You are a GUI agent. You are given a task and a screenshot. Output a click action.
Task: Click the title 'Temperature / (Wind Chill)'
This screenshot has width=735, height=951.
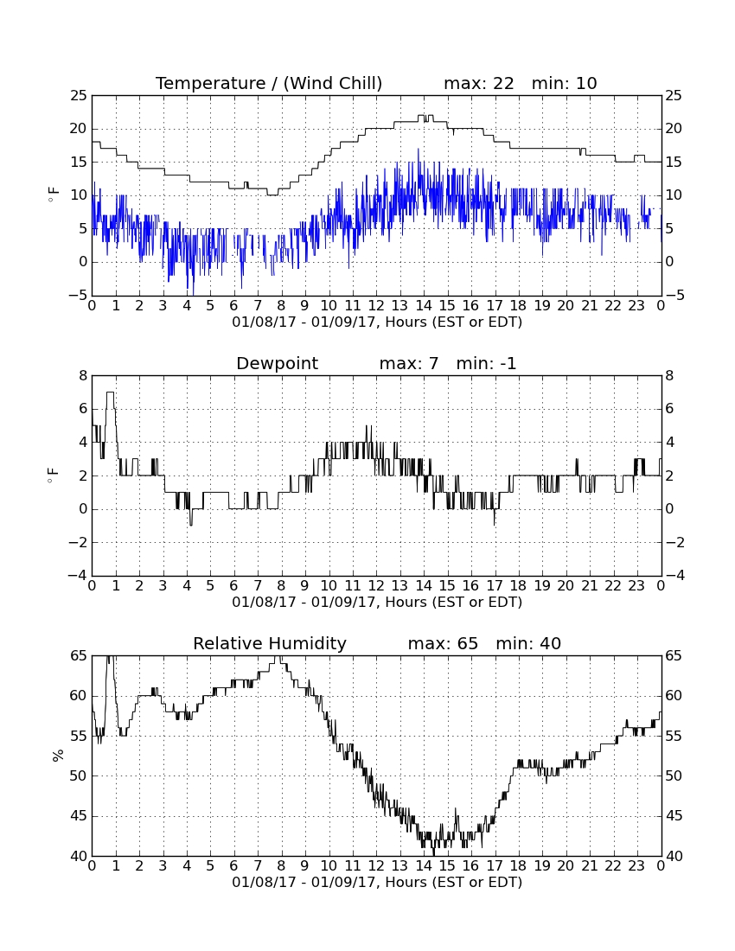[x=269, y=84]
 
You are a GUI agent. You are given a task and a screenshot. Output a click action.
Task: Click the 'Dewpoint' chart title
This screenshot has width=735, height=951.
[x=278, y=364]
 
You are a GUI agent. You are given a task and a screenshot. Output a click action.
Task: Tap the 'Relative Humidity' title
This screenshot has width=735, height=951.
[x=270, y=643]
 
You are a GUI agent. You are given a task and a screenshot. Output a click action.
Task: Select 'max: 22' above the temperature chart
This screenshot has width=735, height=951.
[x=479, y=84]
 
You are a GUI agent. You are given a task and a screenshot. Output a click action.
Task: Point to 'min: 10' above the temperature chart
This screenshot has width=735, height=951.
[x=565, y=84]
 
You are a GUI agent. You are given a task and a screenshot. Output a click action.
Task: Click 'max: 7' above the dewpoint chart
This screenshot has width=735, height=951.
[x=409, y=364]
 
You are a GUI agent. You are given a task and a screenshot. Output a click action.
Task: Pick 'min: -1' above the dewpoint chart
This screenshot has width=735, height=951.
[x=486, y=364]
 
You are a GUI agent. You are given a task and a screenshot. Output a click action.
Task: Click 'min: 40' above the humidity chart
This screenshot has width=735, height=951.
[x=529, y=643]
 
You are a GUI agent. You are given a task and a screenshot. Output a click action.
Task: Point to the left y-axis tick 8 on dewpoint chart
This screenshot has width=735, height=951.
[x=83, y=376]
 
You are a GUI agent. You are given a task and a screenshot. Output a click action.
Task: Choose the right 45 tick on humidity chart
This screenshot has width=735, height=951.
[x=674, y=816]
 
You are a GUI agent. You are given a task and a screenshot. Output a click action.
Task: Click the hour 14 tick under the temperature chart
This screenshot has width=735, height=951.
[x=424, y=306]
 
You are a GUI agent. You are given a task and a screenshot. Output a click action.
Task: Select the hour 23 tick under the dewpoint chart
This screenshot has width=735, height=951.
[x=636, y=586]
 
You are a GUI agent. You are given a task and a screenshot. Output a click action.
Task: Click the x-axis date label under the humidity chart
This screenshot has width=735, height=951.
[x=377, y=882]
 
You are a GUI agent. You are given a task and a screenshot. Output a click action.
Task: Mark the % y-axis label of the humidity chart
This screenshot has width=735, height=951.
[x=58, y=756]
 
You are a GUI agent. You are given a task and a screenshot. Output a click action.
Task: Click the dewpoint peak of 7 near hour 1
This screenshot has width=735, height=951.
[x=111, y=393]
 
